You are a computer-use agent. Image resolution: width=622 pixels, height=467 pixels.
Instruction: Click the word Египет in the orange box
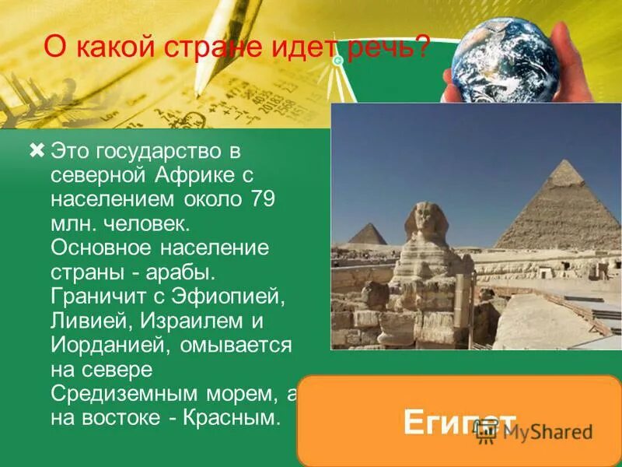click(459, 423)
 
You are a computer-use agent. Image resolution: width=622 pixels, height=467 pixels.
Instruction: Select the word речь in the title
click(393, 50)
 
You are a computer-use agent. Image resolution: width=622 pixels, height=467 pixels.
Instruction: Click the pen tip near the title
click(197, 92)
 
